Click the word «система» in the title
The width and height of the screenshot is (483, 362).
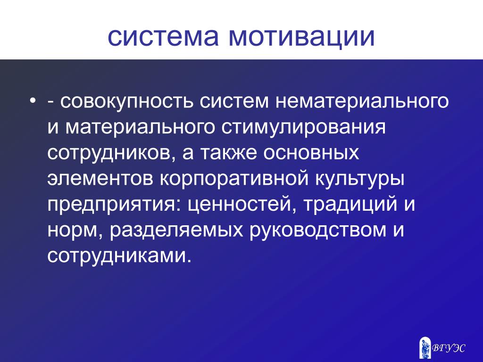163,37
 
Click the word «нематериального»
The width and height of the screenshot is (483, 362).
362,101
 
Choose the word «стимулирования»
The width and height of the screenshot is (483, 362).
303,127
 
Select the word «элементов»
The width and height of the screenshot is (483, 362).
100,179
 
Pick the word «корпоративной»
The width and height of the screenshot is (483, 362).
234,179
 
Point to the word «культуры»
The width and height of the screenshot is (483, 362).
360,179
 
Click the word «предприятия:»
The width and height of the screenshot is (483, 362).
114,205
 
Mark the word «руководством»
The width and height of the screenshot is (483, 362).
318,230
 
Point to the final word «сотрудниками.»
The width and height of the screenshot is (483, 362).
120,256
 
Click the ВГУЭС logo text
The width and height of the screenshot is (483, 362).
449,348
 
